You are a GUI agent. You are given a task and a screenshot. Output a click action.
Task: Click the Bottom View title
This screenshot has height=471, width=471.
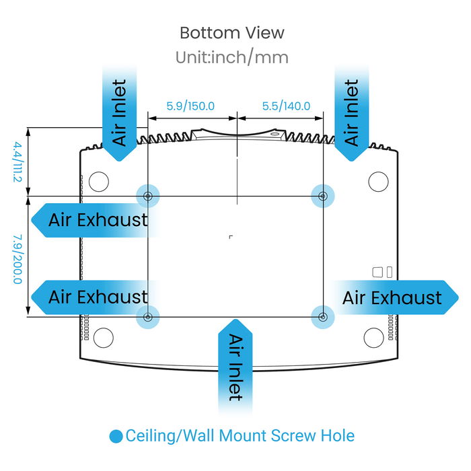point(232,32)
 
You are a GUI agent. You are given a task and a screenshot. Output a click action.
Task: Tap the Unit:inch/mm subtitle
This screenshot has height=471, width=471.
point(232,57)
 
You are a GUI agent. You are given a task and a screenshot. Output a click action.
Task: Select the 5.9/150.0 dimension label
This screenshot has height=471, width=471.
point(190,106)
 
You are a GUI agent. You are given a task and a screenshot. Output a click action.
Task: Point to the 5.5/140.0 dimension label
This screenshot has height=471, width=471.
point(286,106)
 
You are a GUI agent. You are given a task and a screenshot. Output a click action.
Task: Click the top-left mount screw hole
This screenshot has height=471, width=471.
point(148,196)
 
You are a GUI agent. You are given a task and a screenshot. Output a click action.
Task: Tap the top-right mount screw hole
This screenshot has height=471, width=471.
point(323,196)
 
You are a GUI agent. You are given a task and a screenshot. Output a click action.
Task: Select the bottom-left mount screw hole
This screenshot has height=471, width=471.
point(148,316)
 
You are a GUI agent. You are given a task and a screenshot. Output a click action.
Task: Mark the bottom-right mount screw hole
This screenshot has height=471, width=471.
point(323,316)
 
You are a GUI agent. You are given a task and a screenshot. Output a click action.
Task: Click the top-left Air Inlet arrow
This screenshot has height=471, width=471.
point(119,114)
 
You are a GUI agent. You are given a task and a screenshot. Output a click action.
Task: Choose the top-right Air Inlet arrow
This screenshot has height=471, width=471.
point(351,114)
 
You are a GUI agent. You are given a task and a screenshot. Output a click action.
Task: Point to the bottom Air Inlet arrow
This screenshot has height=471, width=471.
point(234,367)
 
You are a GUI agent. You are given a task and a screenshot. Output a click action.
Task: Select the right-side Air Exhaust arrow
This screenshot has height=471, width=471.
point(394,297)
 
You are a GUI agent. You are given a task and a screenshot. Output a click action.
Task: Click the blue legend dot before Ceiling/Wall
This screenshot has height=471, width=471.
point(116,436)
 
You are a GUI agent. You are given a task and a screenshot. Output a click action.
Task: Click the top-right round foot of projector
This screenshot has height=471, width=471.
point(378,180)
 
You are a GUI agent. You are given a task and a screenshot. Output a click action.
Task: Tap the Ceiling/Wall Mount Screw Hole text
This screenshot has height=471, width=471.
point(240,436)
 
